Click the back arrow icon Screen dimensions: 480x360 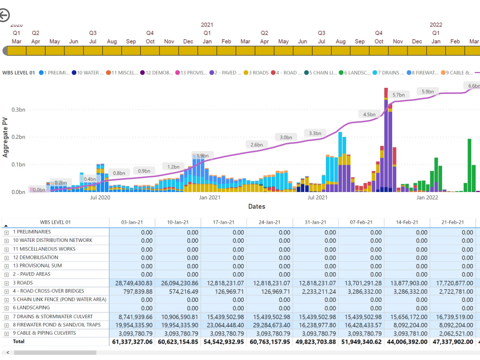4,15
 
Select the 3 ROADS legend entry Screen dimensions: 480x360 256,72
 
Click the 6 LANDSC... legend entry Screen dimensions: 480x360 355,72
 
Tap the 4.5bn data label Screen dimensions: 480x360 369,115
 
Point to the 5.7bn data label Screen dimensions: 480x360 398,95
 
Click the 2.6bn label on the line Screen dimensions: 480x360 256,144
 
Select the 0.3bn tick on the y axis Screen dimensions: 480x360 18,109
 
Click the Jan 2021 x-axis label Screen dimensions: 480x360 210,197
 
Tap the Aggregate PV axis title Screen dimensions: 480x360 5,137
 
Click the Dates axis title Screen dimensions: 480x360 256,206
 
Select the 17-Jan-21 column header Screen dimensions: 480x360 224,222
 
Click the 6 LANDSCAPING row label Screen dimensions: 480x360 31,308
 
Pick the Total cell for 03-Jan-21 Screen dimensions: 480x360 132,342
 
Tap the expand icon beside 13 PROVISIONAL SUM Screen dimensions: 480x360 6,266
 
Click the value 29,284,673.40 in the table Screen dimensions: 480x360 270,325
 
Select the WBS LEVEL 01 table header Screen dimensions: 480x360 55,222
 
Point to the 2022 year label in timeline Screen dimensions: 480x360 436,25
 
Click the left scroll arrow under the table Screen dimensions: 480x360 8,353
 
